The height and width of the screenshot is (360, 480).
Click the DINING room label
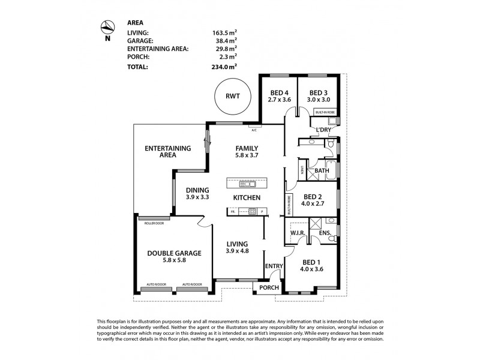(x=197, y=190)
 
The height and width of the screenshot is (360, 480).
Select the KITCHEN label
(x=247, y=197)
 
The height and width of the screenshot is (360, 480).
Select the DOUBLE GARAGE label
(x=174, y=253)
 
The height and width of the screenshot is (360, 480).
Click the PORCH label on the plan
(x=269, y=287)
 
